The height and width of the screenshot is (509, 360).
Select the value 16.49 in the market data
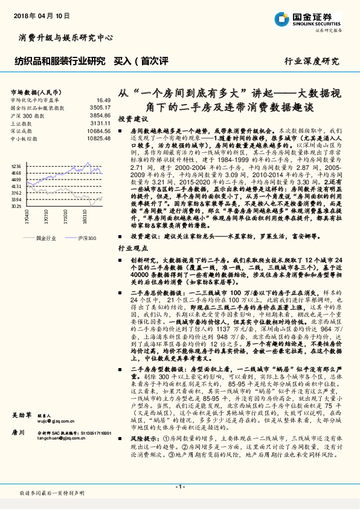[x=103, y=100]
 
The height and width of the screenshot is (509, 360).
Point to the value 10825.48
[x=98, y=138]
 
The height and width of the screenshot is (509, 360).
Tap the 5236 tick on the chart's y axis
[x=16, y=166]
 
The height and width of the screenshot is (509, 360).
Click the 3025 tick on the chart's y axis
[x=16, y=206]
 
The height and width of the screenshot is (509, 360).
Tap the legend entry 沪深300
[x=86, y=239]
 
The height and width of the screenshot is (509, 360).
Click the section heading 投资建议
[x=131, y=119]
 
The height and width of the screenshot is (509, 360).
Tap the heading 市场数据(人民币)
[x=30, y=91]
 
